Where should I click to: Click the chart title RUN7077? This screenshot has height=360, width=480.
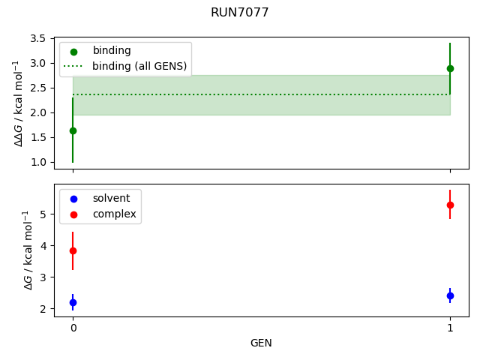coord(239,13)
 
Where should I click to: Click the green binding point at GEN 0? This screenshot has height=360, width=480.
coord(73,130)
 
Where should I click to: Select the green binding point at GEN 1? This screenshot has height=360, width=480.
coord(450,68)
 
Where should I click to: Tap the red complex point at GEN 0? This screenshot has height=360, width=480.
coord(73,250)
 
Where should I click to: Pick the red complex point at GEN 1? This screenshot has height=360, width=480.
coord(450,205)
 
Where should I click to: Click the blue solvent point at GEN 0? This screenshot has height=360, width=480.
coord(73,302)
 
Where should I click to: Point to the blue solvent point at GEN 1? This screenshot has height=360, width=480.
coord(450,295)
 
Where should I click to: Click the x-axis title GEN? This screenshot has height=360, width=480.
coord(261,343)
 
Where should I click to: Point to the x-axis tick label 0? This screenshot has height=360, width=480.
coord(73,328)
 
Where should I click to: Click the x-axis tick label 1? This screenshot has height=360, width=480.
coord(450,328)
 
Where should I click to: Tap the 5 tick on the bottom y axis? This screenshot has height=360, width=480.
coord(45,214)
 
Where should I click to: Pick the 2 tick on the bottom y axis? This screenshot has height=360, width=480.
coord(45,308)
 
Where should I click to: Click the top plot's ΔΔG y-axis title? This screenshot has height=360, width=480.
coord(18,103)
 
